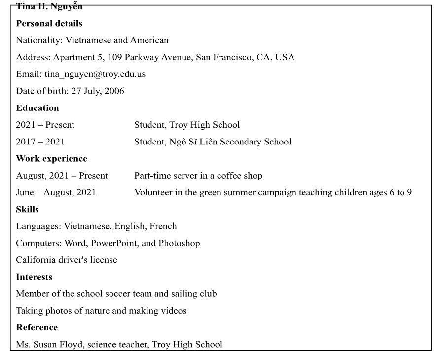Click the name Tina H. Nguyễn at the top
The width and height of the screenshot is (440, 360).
pyautogui.click(x=49, y=7)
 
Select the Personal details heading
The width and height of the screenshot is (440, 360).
pyautogui.click(x=49, y=23)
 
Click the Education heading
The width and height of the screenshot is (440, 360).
pyautogui.click(x=37, y=108)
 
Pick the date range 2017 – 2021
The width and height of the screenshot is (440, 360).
pyautogui.click(x=40, y=142)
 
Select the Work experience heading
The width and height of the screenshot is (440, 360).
pyautogui.click(x=51, y=158)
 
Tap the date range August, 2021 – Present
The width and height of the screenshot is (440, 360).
pyautogui.click(x=62, y=176)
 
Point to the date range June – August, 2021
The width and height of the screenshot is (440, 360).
pyautogui.click(x=56, y=192)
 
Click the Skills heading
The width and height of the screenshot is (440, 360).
pyautogui.click(x=27, y=209)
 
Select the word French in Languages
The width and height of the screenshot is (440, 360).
pyautogui.click(x=164, y=226)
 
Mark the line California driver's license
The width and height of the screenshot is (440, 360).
pyautogui.click(x=67, y=260)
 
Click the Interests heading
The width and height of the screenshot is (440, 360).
pyautogui.click(x=34, y=277)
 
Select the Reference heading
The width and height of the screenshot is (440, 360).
pyautogui.click(x=37, y=327)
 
